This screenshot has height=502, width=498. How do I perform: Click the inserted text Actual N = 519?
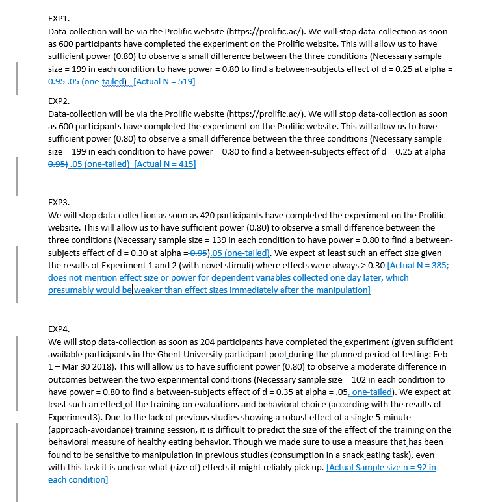coord(164,82)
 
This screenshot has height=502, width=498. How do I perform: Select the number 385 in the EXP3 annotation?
coord(435,265)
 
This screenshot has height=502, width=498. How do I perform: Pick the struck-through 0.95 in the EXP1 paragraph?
coord(57,82)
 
